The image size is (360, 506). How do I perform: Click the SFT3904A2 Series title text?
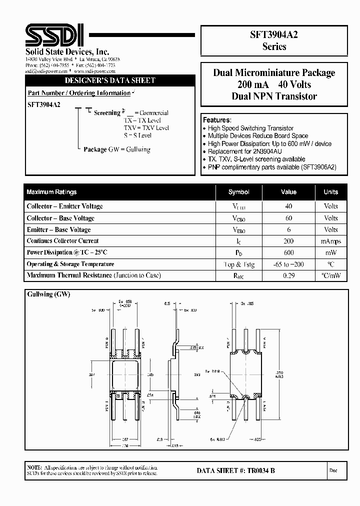pyautogui.click(x=274, y=40)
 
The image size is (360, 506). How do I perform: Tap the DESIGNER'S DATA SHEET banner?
pyautogui.click(x=110, y=80)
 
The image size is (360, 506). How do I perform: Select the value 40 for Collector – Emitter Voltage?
pyautogui.click(x=288, y=206)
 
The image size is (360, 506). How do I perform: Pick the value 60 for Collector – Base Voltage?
pyautogui.click(x=288, y=218)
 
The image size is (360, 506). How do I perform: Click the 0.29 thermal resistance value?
pyautogui.click(x=288, y=275)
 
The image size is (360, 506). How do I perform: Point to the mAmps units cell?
pyautogui.click(x=330, y=241)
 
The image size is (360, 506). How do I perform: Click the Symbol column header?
pyautogui.click(x=238, y=192)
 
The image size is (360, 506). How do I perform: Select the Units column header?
pyautogui.click(x=330, y=192)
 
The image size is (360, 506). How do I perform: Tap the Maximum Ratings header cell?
pyautogui.click(x=51, y=192)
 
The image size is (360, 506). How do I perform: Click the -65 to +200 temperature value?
pyautogui.click(x=288, y=264)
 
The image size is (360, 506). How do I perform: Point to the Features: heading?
pyautogui.click(x=216, y=120)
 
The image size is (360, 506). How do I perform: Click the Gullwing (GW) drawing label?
pyautogui.click(x=48, y=294)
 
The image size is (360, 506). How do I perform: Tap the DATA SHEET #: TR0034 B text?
pyautogui.click(x=235, y=470)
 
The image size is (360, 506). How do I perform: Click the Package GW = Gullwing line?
pyautogui.click(x=116, y=149)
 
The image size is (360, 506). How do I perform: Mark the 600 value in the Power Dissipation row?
pyautogui.click(x=288, y=252)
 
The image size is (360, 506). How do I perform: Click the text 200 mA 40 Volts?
pyautogui.click(x=274, y=84)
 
